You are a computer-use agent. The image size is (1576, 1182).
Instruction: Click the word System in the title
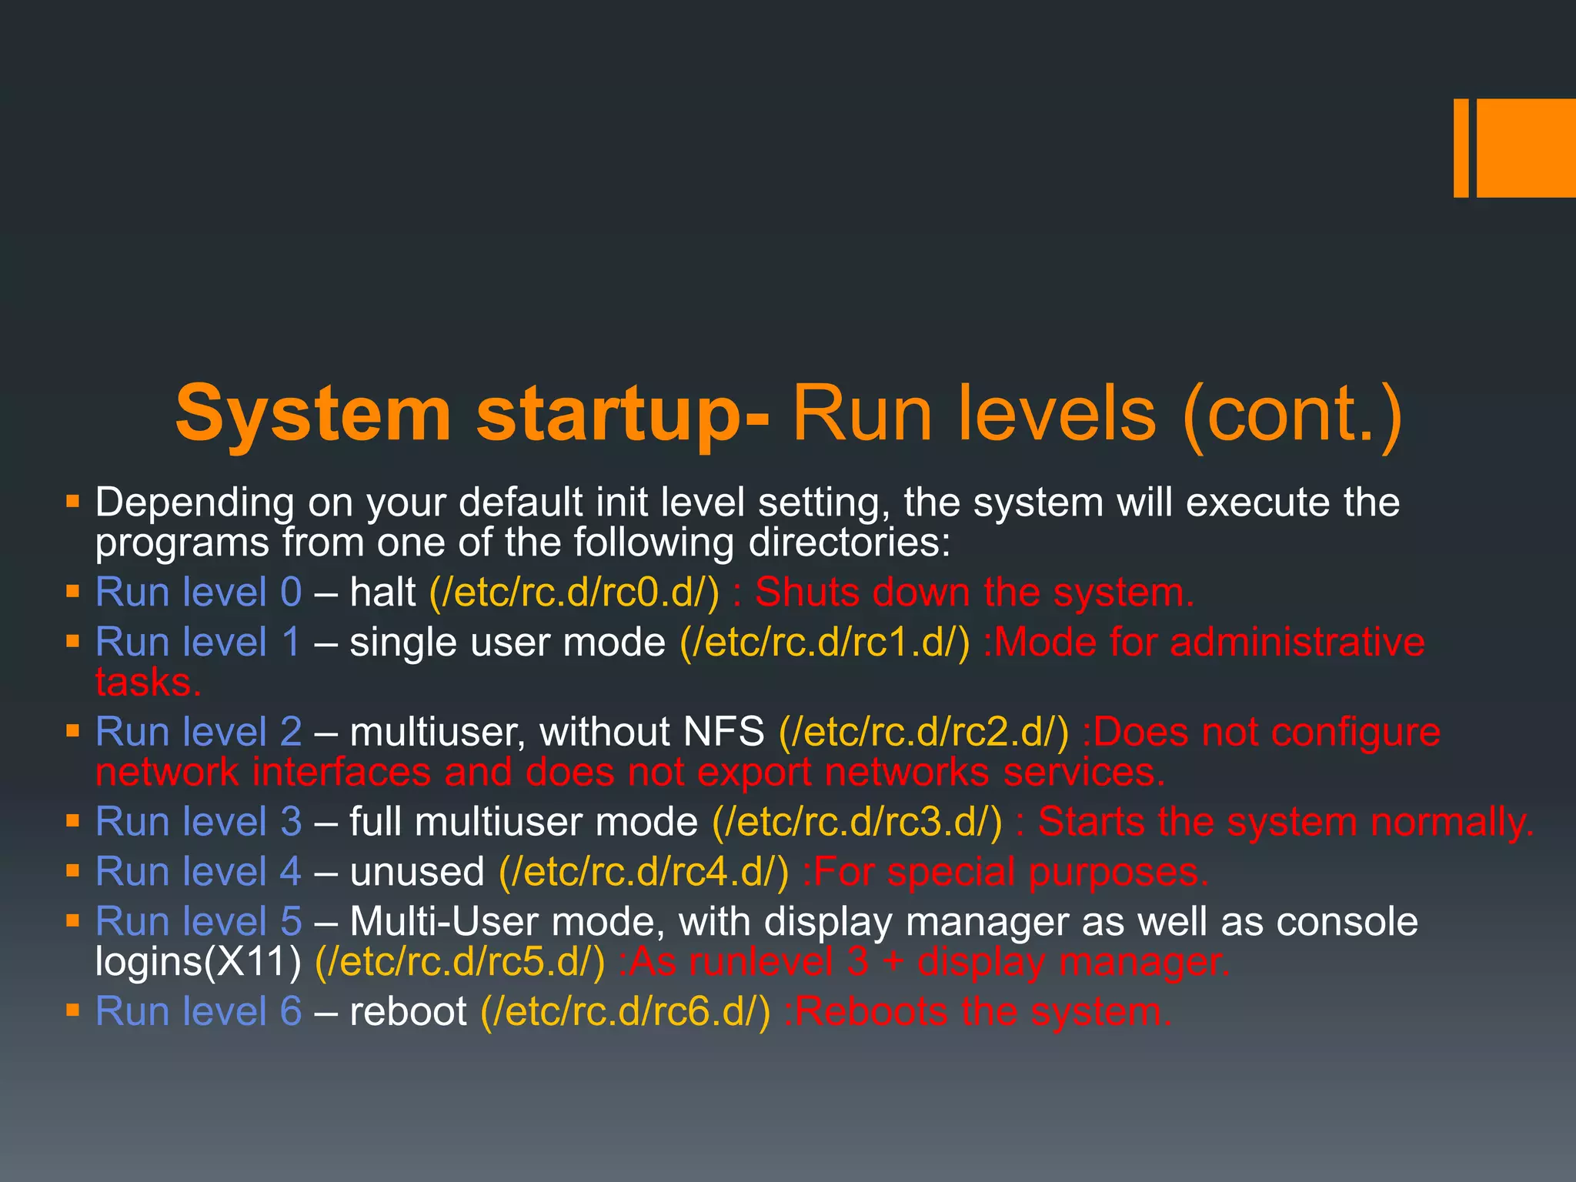tap(312, 413)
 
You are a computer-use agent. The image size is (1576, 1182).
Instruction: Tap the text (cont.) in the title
tap(1293, 413)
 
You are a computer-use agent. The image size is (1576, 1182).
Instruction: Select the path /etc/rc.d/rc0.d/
tap(574, 593)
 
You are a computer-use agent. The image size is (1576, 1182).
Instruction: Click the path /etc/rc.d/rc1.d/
tap(824, 643)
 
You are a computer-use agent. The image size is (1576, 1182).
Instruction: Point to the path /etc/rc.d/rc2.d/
tap(923, 732)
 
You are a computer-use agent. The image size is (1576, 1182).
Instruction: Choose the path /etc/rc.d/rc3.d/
tap(857, 822)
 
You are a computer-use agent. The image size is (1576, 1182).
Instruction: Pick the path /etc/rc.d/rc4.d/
tap(644, 872)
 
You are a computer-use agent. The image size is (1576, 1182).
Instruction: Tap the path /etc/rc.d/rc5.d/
tap(460, 962)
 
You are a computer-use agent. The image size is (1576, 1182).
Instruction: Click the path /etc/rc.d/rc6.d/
tap(625, 1012)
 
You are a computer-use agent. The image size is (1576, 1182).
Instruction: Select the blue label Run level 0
tap(199, 593)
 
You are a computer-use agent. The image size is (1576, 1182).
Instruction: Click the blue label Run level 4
tap(199, 872)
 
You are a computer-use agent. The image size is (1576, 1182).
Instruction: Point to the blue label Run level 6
tap(199, 1012)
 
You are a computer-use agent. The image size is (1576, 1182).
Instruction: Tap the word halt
tap(382, 593)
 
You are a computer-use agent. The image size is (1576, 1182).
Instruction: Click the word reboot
tap(408, 1012)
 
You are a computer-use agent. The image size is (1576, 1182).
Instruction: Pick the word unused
tap(416, 872)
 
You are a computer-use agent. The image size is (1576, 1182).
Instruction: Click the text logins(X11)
tap(198, 962)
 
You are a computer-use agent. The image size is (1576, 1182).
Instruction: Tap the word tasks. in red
tap(148, 683)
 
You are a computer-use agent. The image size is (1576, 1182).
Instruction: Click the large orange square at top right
tap(1525, 148)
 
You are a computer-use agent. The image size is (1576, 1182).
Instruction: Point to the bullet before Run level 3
tap(73, 822)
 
